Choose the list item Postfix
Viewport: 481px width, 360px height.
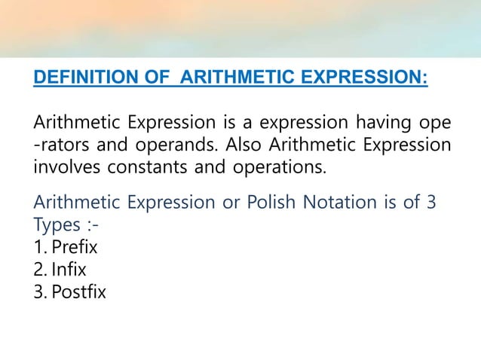(79, 290)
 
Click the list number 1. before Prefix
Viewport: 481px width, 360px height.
(41, 246)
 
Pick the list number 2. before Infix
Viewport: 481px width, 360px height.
(41, 268)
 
